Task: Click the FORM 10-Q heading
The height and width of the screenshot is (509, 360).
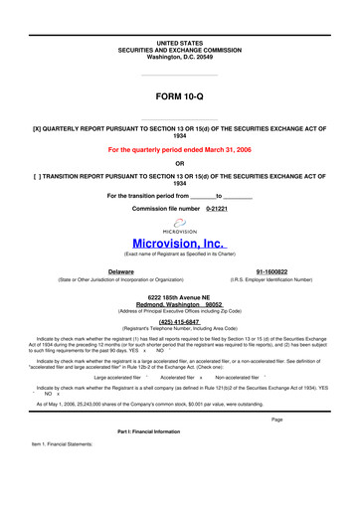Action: coord(180,99)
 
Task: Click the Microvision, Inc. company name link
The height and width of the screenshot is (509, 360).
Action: coord(179,242)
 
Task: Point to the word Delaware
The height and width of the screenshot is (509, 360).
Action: coord(121,270)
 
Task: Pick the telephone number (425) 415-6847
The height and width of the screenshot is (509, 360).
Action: coord(180,322)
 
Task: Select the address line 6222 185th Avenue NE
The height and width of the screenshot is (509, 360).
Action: coord(180,297)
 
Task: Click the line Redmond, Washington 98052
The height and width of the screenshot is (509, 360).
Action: coord(180,305)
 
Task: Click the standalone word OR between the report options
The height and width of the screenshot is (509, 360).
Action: coord(180,163)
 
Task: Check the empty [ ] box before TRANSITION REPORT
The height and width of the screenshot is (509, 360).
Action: coord(39,176)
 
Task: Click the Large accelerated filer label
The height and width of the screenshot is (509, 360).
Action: coord(114,378)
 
